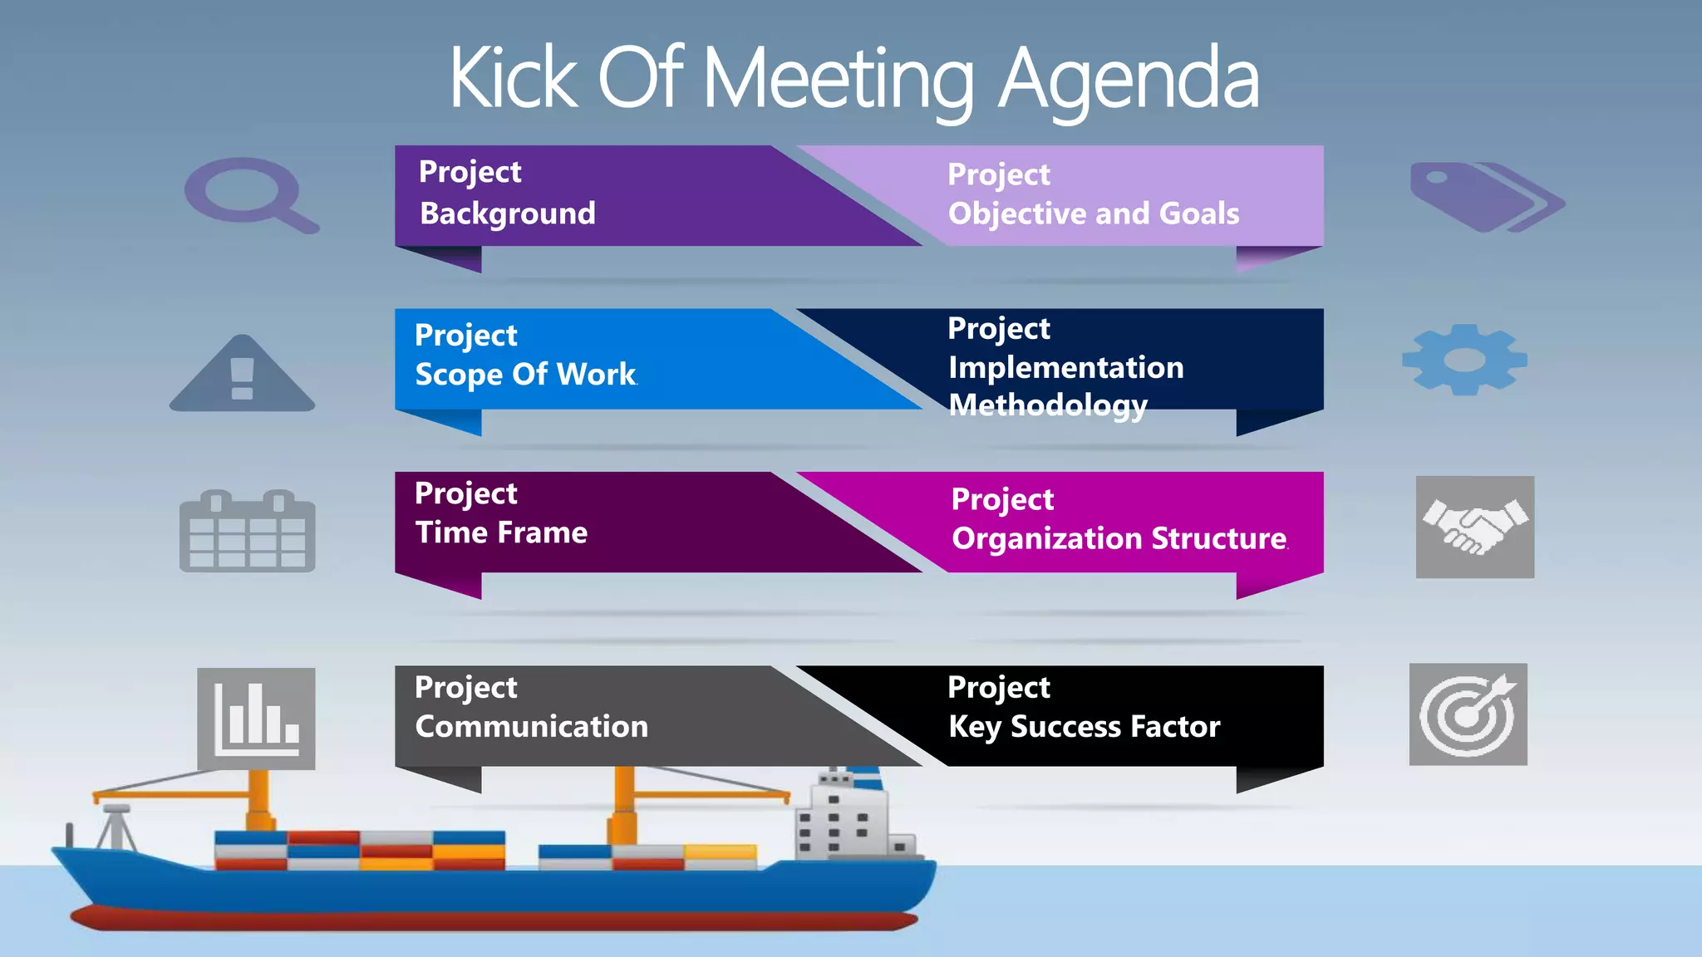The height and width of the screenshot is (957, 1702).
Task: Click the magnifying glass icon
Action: point(249,195)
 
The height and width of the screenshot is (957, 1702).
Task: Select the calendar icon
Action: point(247,532)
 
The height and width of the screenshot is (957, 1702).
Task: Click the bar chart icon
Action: point(256,718)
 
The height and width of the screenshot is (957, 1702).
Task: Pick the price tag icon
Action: point(1486,197)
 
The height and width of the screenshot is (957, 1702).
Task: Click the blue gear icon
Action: point(1464,360)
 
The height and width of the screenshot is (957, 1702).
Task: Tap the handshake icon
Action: point(1474,527)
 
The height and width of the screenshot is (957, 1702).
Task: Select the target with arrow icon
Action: point(1468,714)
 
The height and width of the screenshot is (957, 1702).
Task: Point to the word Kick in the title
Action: point(513,78)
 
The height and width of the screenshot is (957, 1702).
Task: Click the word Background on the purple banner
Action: point(508,213)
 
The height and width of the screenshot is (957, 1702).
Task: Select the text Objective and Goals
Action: point(1094,213)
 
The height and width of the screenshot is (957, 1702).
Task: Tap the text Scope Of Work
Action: point(526,375)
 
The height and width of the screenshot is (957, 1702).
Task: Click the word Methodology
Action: point(1048,405)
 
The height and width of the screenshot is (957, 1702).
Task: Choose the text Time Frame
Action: point(501,532)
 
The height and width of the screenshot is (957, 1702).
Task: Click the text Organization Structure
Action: point(1119,538)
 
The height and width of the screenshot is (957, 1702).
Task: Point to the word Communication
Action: point(531,727)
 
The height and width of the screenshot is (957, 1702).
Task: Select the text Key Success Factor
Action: point(1084,727)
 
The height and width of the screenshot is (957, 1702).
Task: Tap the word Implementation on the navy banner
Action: point(1065,367)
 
